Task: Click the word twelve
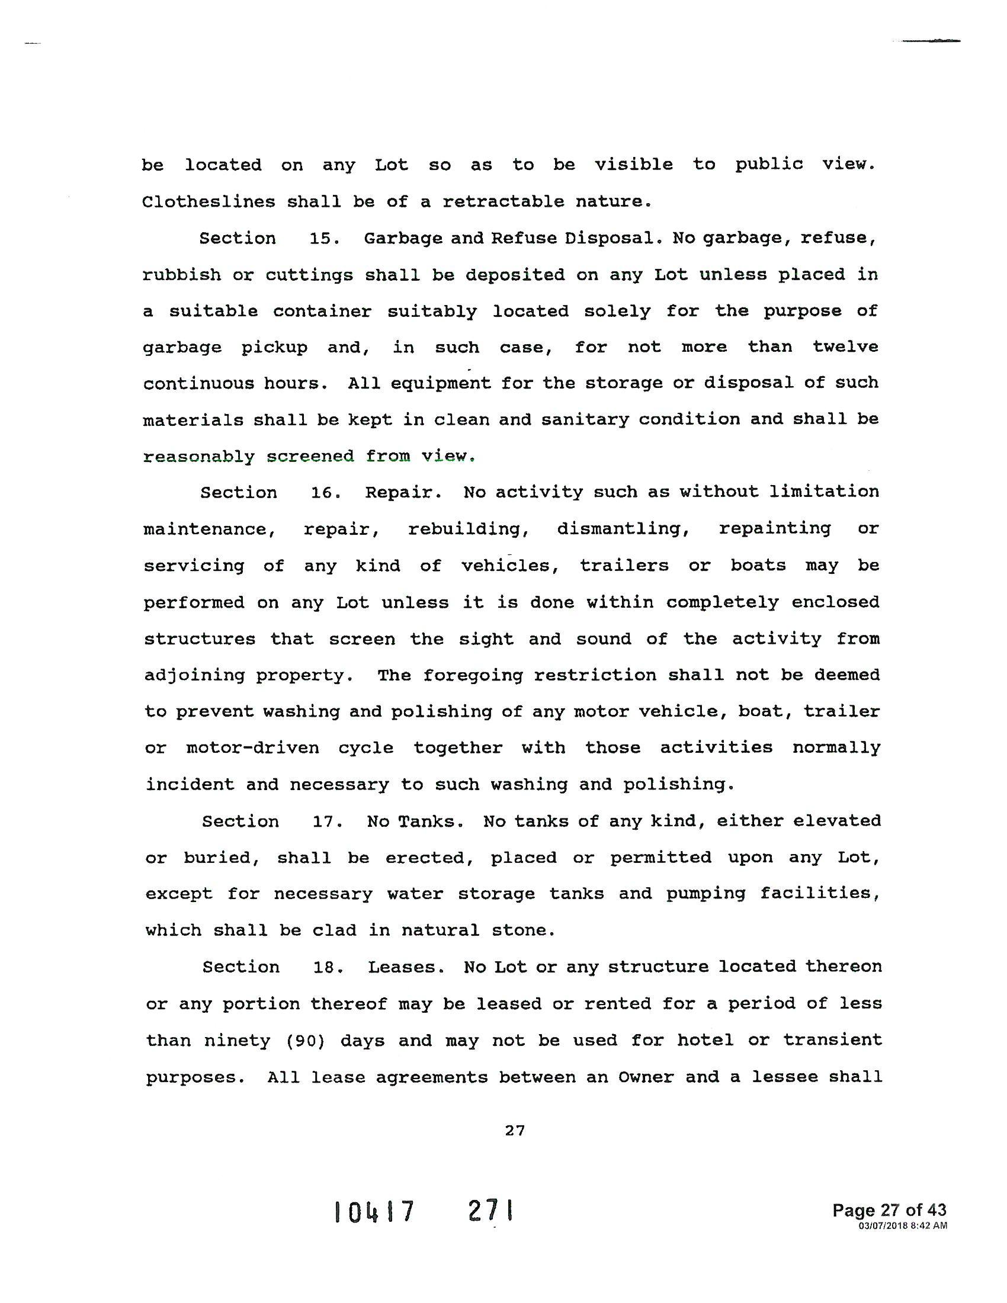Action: pos(845,347)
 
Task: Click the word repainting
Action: pos(774,529)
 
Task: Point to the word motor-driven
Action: pos(253,748)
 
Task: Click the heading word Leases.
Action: pos(406,967)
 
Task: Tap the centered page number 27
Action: pos(514,1131)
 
